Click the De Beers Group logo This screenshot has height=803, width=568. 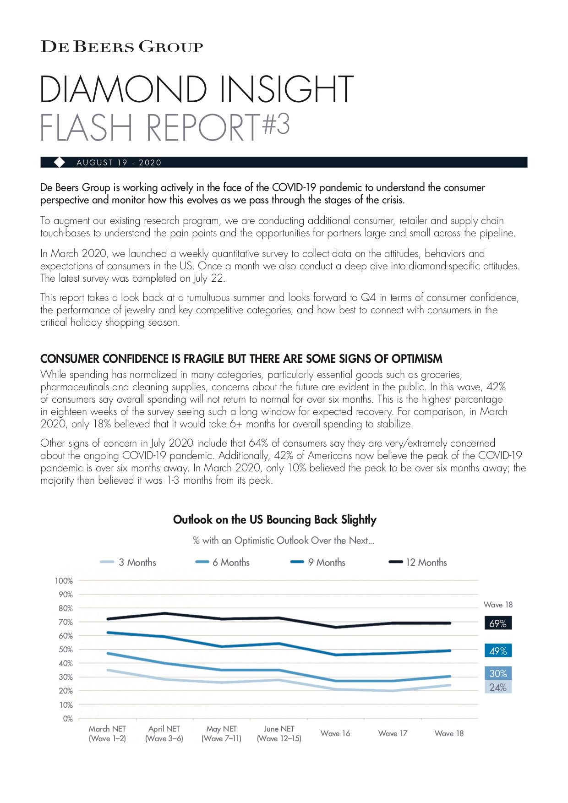tap(121, 47)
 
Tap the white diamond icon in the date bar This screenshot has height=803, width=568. tap(60, 162)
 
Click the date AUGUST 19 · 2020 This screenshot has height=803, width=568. tap(119, 163)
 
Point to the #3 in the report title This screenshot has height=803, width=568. tap(276, 124)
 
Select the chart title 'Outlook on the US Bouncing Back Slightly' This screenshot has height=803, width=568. tap(275, 519)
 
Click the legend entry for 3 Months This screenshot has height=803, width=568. tap(128, 562)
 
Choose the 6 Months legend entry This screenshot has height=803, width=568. tap(223, 562)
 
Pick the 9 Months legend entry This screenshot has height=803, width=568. tap(318, 562)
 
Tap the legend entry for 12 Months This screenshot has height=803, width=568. tap(418, 562)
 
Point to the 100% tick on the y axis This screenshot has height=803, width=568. tap(64, 581)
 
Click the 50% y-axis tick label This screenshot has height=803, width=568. tap(65, 650)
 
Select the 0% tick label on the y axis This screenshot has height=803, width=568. tap(68, 719)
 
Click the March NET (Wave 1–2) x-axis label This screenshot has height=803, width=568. tap(107, 733)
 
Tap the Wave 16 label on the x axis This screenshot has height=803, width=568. tap(335, 733)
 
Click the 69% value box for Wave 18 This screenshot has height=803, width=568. tap(498, 623)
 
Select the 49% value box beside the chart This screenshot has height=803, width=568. tap(498, 650)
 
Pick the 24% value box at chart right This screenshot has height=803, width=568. tap(498, 687)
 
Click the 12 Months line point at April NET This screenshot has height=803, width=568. tap(164, 613)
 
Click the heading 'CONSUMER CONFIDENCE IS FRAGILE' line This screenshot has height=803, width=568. tap(241, 359)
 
